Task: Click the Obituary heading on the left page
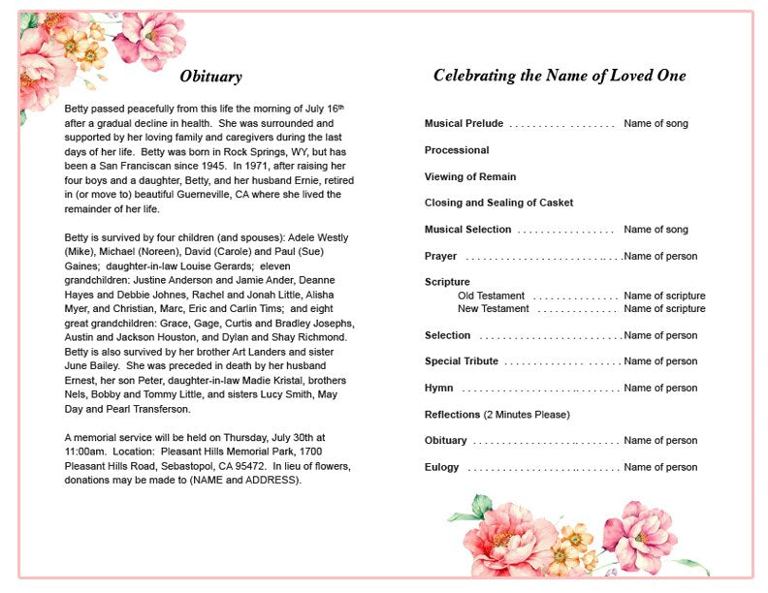pos(210,77)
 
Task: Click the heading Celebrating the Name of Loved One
pos(560,76)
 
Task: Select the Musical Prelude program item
pos(464,124)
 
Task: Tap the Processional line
pos(457,150)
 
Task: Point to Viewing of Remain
pos(470,176)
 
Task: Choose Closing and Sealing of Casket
pos(498,203)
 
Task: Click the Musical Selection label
pos(467,230)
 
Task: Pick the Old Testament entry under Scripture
pos(492,296)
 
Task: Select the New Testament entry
pos(494,309)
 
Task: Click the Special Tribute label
pos(462,361)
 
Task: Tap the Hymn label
pos(438,388)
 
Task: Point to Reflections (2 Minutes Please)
pos(496,415)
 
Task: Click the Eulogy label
pos(441,467)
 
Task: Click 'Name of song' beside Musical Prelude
pos(656,124)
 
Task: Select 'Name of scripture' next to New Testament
pos(664,309)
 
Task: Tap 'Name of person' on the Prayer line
pos(660,256)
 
